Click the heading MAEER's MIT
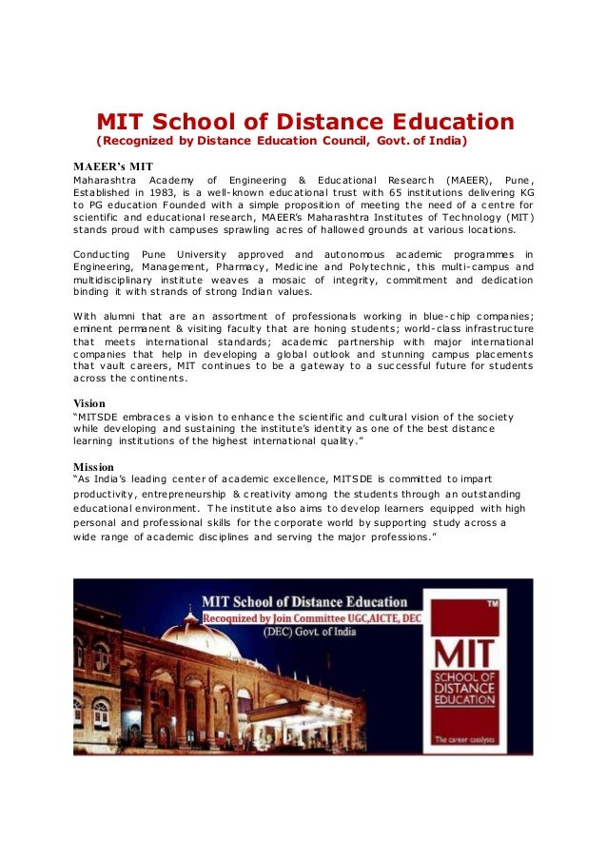pos(113,166)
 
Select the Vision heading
pos(90,402)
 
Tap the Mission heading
pos(94,466)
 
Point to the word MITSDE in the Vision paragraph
pos(102,416)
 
